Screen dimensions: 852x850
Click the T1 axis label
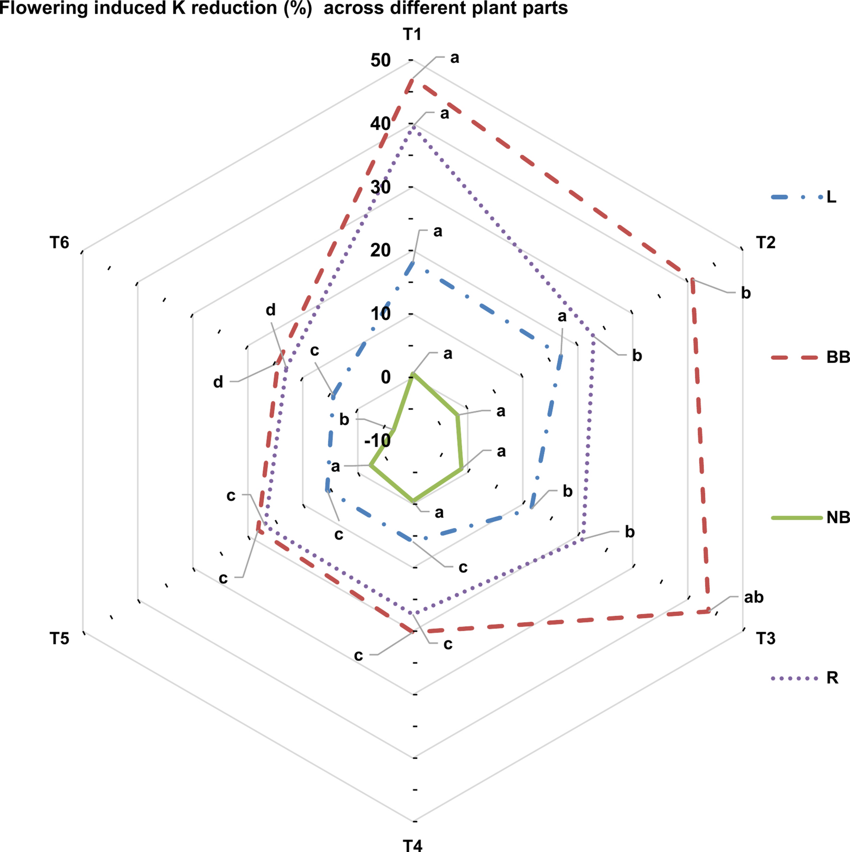[x=412, y=35]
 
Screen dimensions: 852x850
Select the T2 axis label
[x=765, y=243]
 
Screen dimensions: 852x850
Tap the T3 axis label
[x=765, y=638]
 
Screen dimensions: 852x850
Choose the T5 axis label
[x=60, y=638]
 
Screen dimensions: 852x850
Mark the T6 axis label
[x=60, y=243]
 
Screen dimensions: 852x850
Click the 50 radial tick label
[x=380, y=60]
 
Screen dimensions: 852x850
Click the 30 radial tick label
[x=380, y=187]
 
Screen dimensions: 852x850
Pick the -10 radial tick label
[x=377, y=440]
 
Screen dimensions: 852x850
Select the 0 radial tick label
[x=386, y=377]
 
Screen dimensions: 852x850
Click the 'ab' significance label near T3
[x=753, y=597]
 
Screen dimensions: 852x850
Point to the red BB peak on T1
[x=411, y=79]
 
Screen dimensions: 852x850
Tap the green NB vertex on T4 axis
[x=413, y=501]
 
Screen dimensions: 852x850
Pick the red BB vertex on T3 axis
[x=709, y=611]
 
